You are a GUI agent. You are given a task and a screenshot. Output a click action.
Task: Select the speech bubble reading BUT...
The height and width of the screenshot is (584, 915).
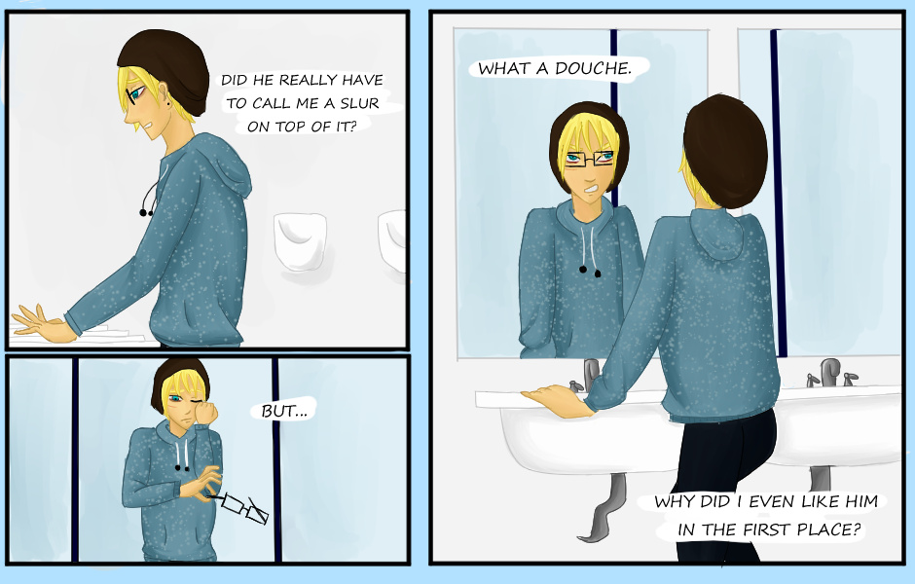(284, 411)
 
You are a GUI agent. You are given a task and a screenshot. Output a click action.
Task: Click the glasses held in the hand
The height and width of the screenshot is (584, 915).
(243, 507)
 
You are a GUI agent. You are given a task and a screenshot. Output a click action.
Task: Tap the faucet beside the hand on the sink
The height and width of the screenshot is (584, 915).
(590, 375)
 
